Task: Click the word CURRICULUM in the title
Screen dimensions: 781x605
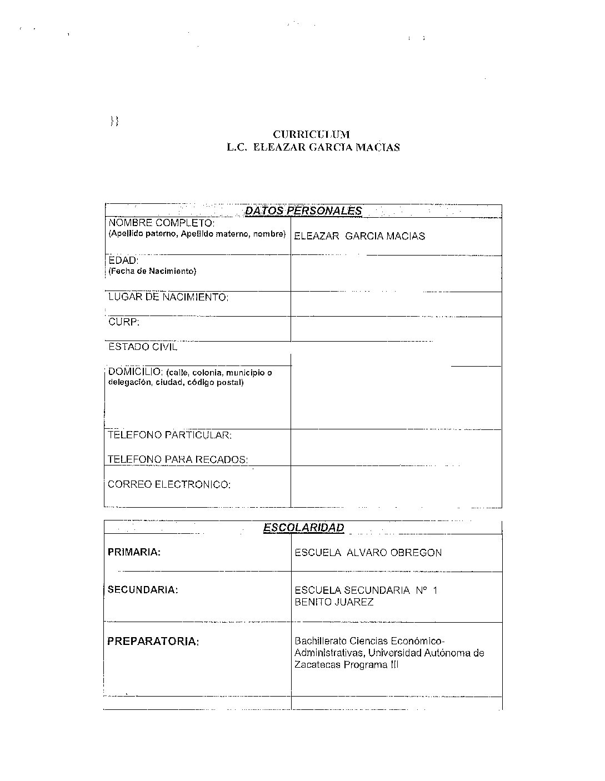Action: tap(311, 134)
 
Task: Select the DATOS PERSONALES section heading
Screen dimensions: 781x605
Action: tap(303, 211)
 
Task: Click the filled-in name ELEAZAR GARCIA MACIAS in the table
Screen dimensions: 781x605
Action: tap(359, 236)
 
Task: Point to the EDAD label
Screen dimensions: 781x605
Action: tap(123, 260)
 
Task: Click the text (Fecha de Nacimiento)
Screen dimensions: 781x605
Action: tap(152, 271)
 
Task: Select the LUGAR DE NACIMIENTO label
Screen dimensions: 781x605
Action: tap(168, 297)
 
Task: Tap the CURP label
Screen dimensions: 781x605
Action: tap(124, 322)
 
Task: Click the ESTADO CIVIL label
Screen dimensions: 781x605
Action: tap(143, 347)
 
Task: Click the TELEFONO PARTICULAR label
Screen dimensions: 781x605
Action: tap(169, 435)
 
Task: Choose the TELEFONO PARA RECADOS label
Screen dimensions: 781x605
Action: tap(178, 459)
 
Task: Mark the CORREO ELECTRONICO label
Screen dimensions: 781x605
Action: tap(169, 484)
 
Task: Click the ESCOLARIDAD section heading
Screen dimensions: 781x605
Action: tap(303, 528)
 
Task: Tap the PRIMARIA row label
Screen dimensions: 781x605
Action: tap(134, 552)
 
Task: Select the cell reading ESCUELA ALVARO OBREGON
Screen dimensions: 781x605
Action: tap(368, 553)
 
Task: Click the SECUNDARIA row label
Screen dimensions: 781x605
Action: tap(143, 589)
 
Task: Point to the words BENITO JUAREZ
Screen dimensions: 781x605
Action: tap(334, 602)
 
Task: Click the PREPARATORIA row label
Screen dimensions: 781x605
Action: tap(153, 642)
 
